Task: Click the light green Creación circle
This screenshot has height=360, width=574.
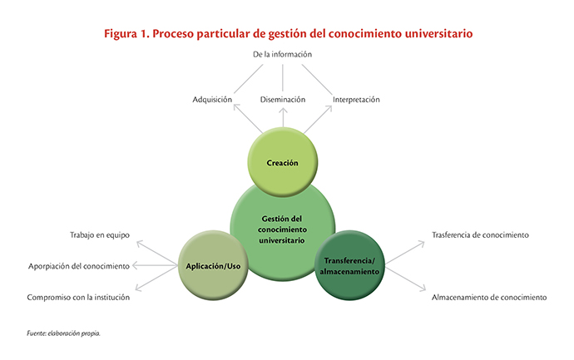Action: coord(283,162)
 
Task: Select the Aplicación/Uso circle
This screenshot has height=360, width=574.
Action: coord(213,265)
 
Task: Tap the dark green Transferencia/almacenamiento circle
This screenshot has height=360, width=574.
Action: coord(349,265)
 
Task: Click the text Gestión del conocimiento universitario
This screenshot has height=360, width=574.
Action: coord(282,229)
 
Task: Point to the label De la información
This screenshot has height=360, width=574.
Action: coord(282,55)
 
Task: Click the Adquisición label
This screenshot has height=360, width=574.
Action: coord(212,100)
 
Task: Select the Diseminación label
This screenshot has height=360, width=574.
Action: coord(283,100)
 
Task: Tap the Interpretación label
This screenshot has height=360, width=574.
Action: coord(356,100)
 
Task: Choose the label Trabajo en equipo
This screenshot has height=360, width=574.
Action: coord(100,235)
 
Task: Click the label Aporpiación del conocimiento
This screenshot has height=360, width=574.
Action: coord(79,266)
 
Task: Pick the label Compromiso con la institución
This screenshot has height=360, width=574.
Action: coord(78,297)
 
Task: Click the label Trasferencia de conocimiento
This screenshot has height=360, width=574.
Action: coord(480,235)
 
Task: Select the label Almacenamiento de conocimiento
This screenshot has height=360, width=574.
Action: coord(489,297)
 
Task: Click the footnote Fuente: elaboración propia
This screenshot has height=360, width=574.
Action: coord(63,333)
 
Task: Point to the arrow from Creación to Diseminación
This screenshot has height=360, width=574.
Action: coord(283,117)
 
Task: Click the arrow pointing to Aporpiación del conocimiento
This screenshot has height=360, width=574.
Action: coord(155,265)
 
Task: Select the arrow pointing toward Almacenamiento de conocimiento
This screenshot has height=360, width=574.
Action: coord(406,279)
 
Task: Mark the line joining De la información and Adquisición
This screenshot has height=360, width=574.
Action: coord(248,79)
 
